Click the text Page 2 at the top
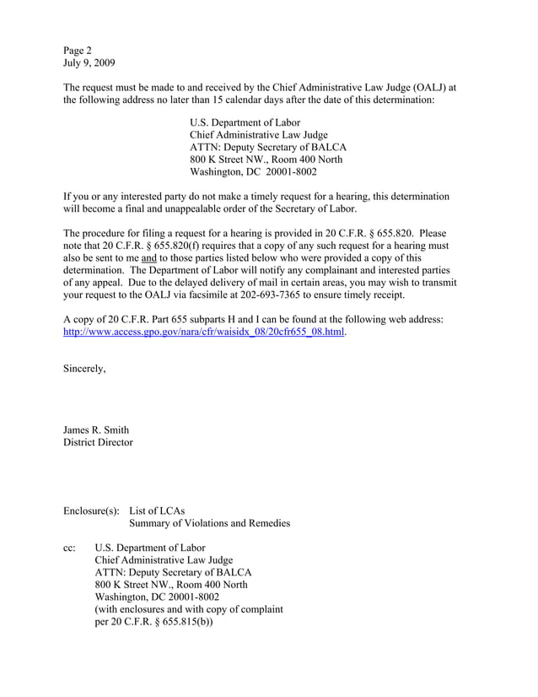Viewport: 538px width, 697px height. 82,49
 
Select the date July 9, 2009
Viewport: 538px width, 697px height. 89,62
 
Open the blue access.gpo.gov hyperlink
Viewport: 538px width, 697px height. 204,332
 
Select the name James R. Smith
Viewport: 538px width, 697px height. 96,430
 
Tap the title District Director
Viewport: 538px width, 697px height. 98,442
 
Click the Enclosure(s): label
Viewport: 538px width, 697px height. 91,510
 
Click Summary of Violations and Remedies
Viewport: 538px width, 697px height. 209,523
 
